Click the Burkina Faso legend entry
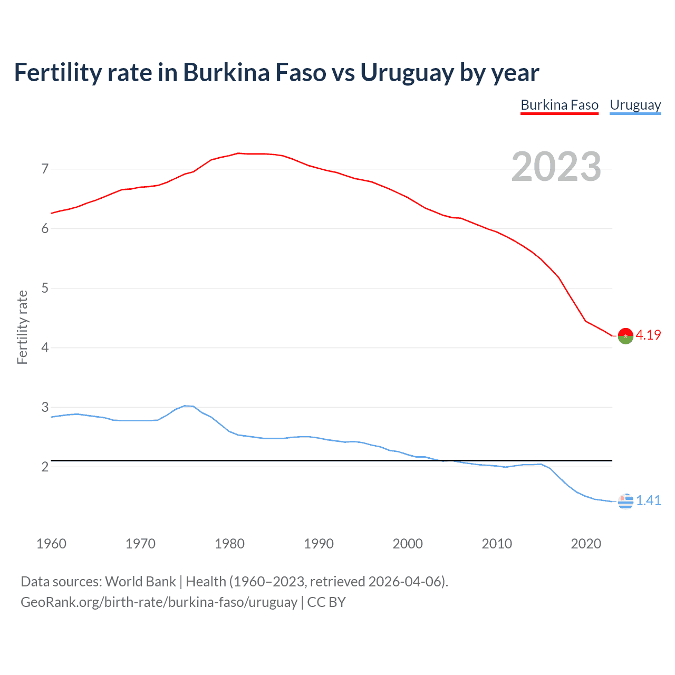coord(560,105)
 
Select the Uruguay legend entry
coord(635,105)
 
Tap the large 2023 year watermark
coord(556,167)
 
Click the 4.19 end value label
coord(648,335)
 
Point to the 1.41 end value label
coord(648,501)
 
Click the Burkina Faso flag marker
coord(625,336)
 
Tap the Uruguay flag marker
coord(625,501)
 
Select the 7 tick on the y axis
coord(45,169)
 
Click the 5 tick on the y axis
coord(45,288)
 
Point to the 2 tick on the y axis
coord(45,467)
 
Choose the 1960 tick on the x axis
coord(51,544)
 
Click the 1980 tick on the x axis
coord(229,544)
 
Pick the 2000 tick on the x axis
coord(408,544)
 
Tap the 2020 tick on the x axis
coord(586,544)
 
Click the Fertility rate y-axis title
coord(22,327)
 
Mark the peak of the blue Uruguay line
coord(185,406)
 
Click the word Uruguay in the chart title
coord(407,73)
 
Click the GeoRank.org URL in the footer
coord(159,602)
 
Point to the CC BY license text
coord(326,602)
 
